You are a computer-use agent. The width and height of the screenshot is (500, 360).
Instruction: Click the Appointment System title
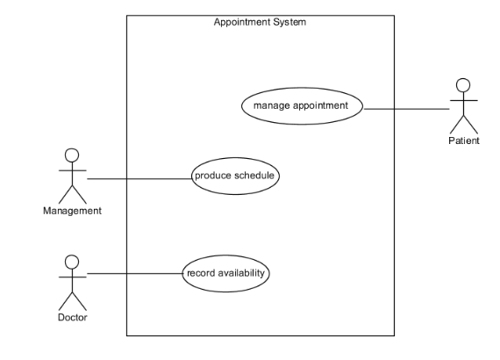260,22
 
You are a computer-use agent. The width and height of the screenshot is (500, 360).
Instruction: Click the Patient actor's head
463,85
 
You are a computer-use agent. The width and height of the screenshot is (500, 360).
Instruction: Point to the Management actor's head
72,155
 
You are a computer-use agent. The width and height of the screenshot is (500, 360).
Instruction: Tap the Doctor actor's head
72,262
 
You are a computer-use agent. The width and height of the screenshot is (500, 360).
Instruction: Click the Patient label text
464,140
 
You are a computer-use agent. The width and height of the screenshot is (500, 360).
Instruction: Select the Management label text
73,211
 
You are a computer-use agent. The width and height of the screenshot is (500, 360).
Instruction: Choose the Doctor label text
73,318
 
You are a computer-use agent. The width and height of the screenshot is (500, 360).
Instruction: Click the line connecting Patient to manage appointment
406,109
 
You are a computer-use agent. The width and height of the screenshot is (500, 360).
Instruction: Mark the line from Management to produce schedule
139,179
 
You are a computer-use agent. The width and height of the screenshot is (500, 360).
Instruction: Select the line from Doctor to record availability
135,273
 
